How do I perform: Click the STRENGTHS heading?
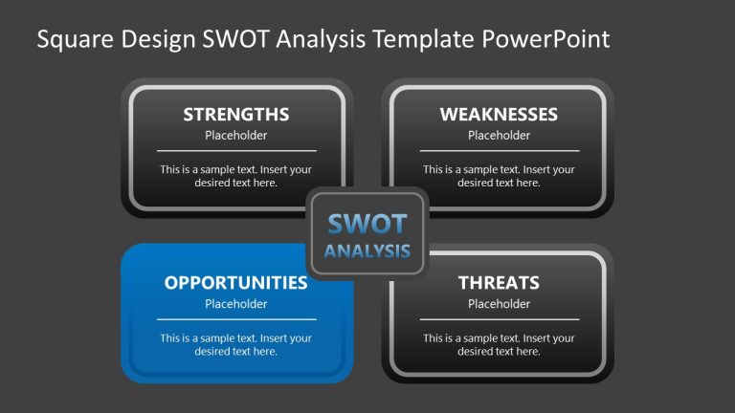click(235, 115)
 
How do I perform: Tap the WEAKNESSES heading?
click(499, 115)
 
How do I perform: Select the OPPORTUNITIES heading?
click(235, 283)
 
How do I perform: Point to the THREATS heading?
click(499, 283)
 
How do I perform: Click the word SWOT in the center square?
click(367, 224)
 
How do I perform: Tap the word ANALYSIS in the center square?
click(367, 252)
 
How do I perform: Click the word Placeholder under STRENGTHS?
click(235, 136)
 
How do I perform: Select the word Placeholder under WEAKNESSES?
click(499, 136)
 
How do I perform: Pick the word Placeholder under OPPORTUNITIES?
click(235, 304)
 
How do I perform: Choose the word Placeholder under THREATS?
click(499, 304)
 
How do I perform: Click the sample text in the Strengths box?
click(235, 176)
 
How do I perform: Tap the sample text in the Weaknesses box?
click(499, 176)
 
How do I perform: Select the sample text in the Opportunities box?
click(235, 344)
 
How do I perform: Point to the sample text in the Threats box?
click(499, 344)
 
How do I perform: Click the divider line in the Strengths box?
click(235, 151)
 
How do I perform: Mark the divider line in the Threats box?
click(499, 319)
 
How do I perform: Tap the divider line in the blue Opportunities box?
click(235, 319)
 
